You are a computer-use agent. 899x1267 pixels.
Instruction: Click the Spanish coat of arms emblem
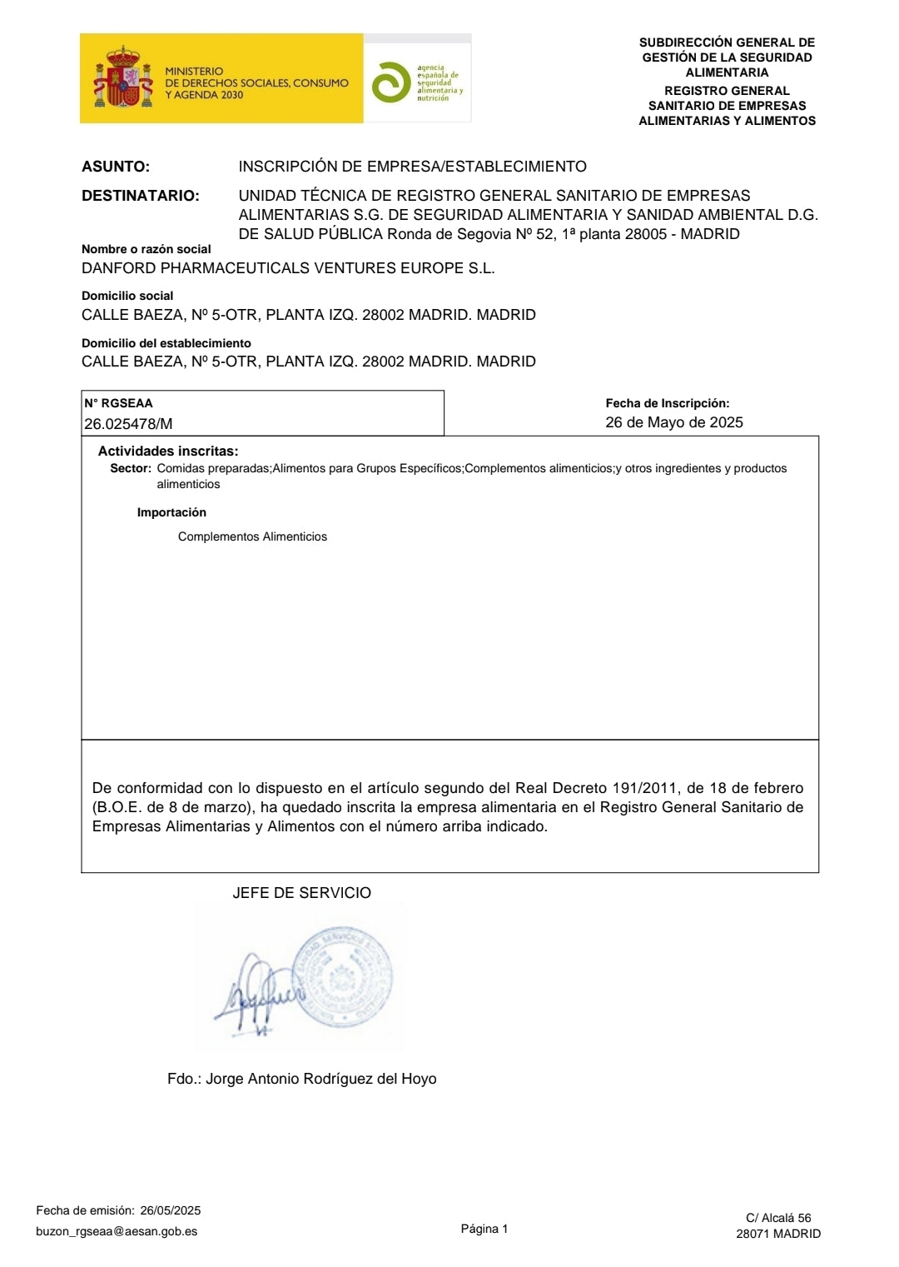coord(123,79)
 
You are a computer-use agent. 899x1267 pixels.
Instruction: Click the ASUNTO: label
coord(116,167)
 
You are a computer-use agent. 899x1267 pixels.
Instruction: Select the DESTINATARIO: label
coord(141,196)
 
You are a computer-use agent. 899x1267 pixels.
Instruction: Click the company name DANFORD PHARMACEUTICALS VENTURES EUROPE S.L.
coord(288,268)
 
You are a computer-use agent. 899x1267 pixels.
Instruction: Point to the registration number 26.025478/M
coord(128,423)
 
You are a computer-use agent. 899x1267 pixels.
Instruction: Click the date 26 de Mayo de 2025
coord(674,422)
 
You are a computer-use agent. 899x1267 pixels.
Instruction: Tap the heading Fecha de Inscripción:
coord(668,403)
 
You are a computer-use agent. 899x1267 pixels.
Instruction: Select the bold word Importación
coord(171,512)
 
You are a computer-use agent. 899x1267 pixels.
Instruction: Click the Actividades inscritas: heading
coord(168,451)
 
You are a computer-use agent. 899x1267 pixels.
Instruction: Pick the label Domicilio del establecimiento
coord(166,343)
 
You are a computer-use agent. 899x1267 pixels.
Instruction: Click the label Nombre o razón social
coord(147,249)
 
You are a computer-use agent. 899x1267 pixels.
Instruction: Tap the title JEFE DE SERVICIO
coord(302,893)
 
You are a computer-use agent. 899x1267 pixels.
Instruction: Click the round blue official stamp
coord(344,976)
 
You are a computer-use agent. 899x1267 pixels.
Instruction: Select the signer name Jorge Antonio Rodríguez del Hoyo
coord(320,1079)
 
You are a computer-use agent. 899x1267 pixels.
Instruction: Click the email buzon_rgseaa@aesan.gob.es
coord(117,1231)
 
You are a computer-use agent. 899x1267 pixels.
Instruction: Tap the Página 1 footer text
coord(484,1229)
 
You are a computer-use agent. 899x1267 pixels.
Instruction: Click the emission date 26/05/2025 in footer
coord(171,1210)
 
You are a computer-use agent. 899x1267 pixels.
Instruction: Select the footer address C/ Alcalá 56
coord(778,1218)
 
